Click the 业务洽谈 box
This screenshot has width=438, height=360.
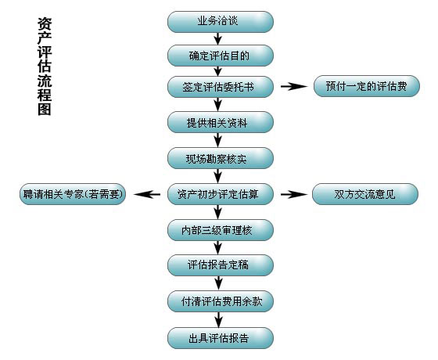(x=220, y=22)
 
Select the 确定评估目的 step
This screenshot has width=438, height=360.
(x=220, y=56)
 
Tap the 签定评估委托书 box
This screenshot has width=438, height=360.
(x=220, y=87)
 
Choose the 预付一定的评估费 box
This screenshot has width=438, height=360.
(x=367, y=86)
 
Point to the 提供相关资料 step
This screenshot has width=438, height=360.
(x=220, y=122)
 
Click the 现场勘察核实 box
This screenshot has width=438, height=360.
(x=220, y=158)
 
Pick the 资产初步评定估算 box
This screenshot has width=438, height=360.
(x=220, y=194)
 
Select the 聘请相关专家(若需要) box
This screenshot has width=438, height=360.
(x=73, y=194)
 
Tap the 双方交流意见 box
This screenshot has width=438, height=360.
(x=365, y=194)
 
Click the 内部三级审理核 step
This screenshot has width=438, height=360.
(x=220, y=230)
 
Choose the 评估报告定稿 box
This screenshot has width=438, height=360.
(x=220, y=265)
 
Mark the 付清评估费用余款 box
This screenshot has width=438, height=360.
(x=220, y=301)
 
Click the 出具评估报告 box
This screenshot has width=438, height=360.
(x=220, y=338)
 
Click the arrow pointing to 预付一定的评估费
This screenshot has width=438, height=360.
(x=294, y=87)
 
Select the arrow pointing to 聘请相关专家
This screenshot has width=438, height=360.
(x=147, y=194)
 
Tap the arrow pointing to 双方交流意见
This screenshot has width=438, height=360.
(x=294, y=195)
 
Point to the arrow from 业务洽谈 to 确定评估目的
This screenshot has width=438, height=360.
(x=218, y=38)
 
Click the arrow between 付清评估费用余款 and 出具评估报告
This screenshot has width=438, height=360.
(x=219, y=320)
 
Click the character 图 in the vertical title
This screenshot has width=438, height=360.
(x=45, y=110)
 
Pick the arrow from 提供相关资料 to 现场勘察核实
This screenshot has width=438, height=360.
(x=218, y=140)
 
